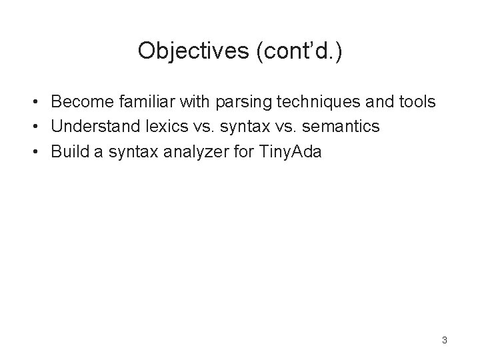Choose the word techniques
309,102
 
